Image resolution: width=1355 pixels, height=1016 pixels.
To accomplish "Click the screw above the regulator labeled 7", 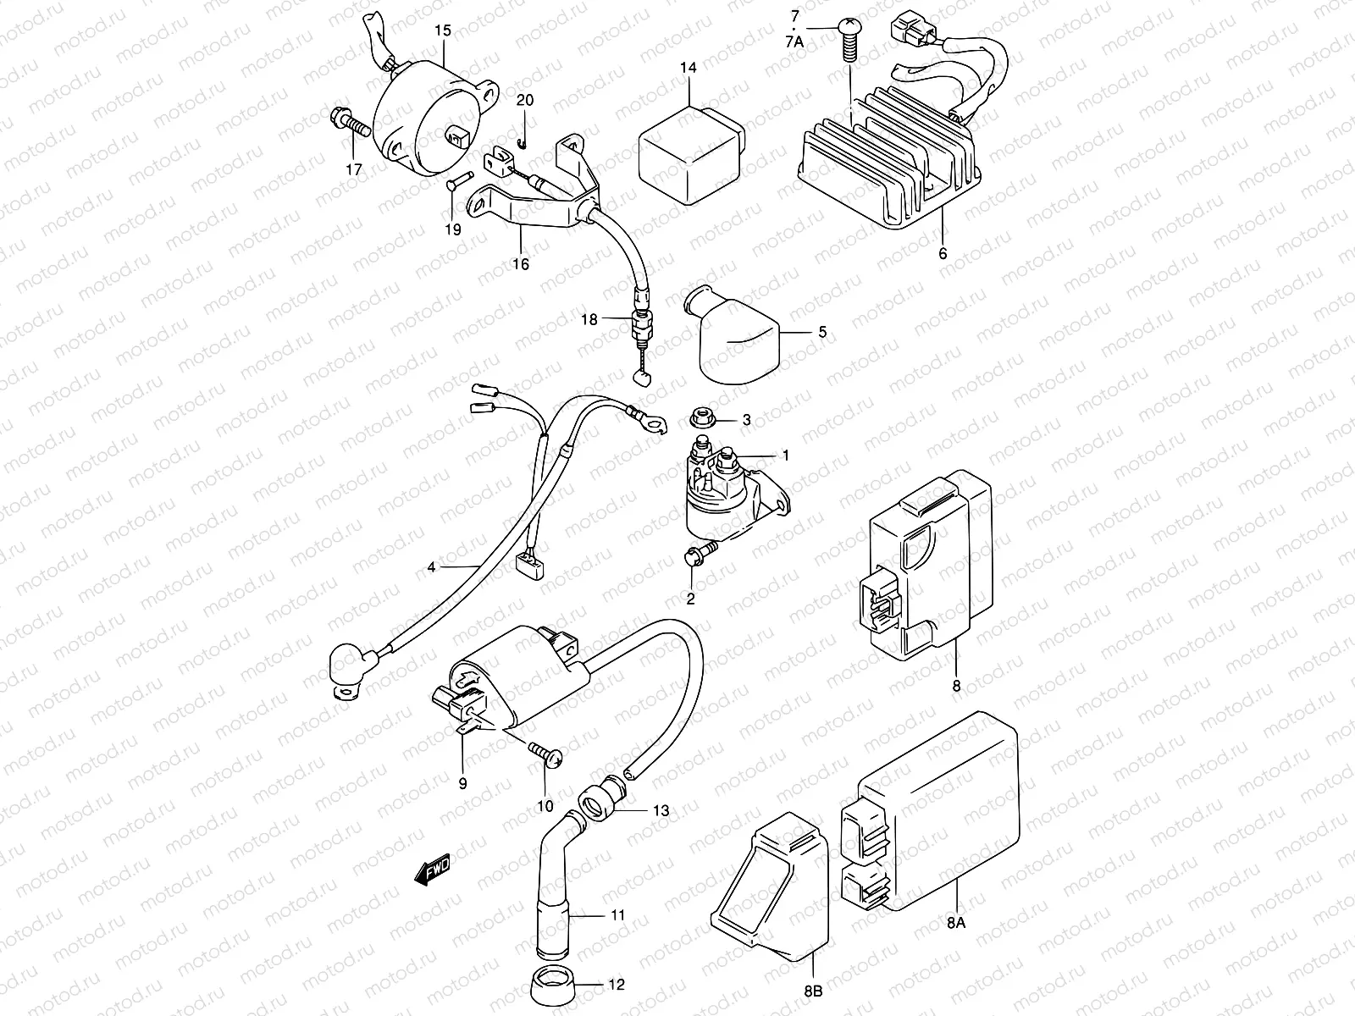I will pos(849,38).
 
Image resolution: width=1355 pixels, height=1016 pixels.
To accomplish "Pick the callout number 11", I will pos(617,915).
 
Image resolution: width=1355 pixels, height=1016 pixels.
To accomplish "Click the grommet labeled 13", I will pos(598,799).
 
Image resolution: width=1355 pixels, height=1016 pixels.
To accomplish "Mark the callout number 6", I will pos(943,252).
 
